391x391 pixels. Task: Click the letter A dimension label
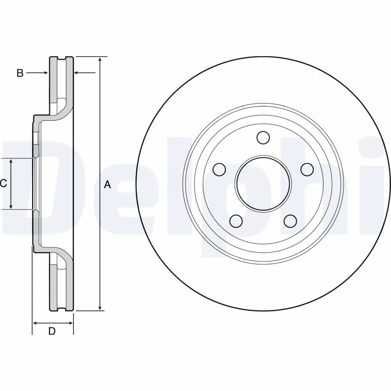click(108, 184)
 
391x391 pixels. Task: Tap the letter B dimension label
click(20, 73)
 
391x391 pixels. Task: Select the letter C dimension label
click(3, 184)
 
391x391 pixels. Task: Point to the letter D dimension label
click(52, 331)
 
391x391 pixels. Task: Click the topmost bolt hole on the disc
click(263, 138)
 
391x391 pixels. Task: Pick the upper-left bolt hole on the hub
click(219, 169)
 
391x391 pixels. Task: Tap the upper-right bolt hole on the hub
click(306, 169)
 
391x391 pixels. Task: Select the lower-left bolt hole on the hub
click(236, 221)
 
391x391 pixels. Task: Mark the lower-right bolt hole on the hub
click(290, 221)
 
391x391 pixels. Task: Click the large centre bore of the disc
click(263, 184)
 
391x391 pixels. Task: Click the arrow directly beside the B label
click(44, 73)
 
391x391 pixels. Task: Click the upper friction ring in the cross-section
click(62, 81)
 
